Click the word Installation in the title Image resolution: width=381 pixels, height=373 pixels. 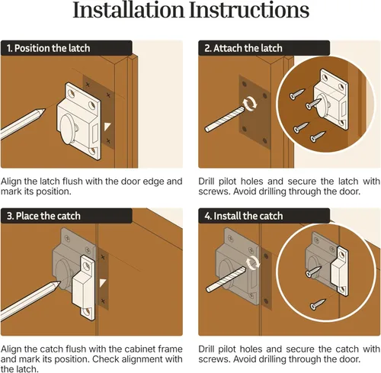point(128,10)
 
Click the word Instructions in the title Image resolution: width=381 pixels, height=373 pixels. point(249,10)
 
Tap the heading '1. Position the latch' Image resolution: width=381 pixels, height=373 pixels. point(49,48)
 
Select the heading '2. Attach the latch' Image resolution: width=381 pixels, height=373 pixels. point(243,48)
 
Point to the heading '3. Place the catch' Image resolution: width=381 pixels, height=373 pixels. point(43,216)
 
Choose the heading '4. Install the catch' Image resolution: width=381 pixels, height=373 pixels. point(244,216)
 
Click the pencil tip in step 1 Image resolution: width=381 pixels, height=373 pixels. point(43,110)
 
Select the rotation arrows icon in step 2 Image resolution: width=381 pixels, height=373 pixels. point(250,103)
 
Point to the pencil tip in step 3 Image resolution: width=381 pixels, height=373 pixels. point(59,283)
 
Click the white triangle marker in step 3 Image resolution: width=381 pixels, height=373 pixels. point(103,283)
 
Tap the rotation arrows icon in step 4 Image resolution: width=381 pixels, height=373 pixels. point(253,262)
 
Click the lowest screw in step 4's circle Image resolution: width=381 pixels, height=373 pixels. point(318,304)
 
